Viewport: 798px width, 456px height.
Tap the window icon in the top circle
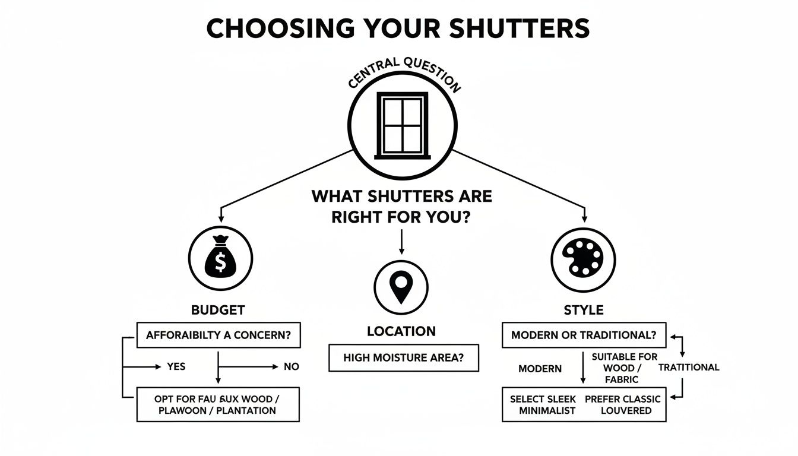click(x=403, y=125)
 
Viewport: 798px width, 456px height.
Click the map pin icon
click(x=401, y=287)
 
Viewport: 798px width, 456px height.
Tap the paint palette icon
click(x=584, y=259)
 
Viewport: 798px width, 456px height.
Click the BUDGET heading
click(x=218, y=310)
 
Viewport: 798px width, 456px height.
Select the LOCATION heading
click(x=401, y=331)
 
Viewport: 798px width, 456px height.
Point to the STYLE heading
click(x=583, y=310)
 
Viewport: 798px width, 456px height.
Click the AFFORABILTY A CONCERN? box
click(x=218, y=335)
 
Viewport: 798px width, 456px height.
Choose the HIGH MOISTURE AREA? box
click(x=403, y=358)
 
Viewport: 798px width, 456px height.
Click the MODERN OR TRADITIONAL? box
click(x=584, y=335)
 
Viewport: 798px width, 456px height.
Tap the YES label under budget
click(x=176, y=367)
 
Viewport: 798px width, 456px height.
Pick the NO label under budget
click(x=291, y=367)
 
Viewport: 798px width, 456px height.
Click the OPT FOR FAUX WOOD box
click(x=218, y=404)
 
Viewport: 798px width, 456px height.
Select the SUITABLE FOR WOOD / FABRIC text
click(x=624, y=368)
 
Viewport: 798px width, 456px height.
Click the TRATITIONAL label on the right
click(x=689, y=368)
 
